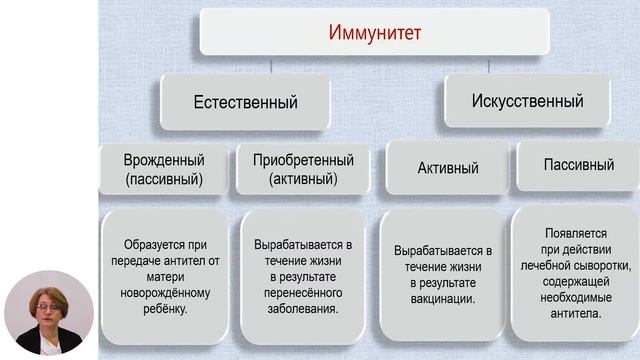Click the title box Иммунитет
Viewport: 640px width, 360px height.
click(x=375, y=33)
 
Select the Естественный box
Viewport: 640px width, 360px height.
click(x=245, y=101)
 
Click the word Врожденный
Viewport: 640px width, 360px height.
click(x=164, y=160)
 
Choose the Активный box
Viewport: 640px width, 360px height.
click(x=443, y=167)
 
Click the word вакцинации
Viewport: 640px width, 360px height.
click(x=443, y=299)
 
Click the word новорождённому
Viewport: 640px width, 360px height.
click(x=164, y=293)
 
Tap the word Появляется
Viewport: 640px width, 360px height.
click(x=579, y=233)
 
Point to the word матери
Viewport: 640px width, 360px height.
click(x=164, y=277)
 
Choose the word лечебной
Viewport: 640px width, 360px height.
click(x=547, y=266)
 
